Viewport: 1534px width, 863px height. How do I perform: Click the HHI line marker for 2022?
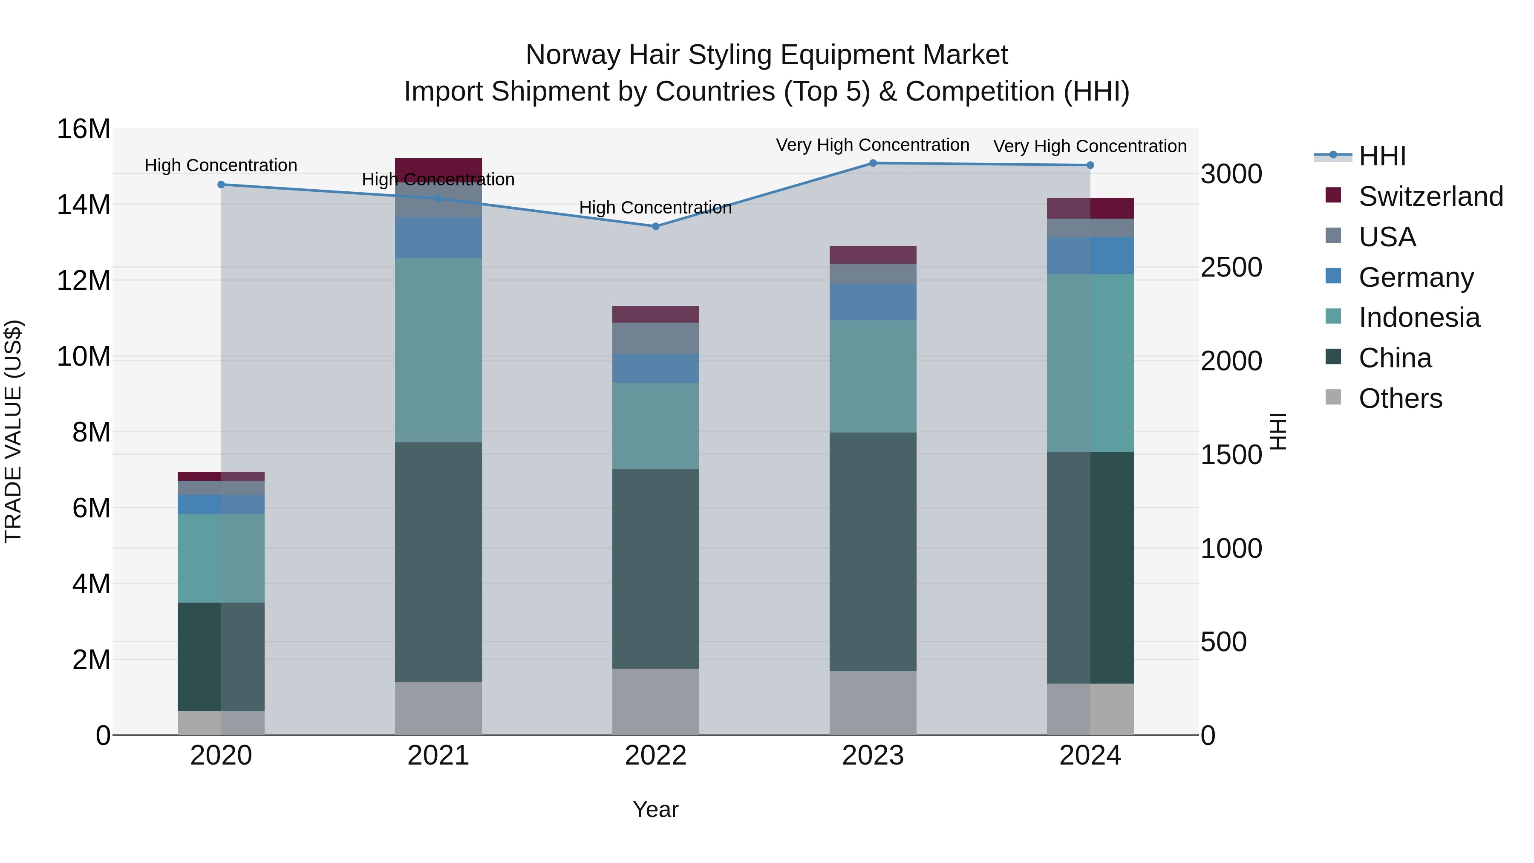[656, 226]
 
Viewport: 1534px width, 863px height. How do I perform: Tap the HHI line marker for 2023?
[873, 163]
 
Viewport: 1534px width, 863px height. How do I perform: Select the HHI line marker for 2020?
[221, 185]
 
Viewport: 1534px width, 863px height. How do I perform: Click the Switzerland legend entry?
[1430, 196]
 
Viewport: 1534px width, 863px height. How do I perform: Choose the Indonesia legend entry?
[1419, 317]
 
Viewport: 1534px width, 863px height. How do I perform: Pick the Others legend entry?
[1400, 398]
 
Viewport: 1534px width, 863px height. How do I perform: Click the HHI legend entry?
[1382, 156]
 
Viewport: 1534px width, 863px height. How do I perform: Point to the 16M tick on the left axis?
[84, 129]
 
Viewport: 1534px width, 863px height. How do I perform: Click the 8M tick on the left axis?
[91, 433]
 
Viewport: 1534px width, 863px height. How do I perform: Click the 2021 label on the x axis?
[438, 756]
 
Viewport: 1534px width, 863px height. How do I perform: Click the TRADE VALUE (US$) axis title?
[13, 431]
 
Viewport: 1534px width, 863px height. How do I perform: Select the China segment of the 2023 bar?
[873, 551]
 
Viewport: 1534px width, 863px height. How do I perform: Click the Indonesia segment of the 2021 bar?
[438, 350]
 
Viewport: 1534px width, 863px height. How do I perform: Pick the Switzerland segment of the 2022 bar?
[656, 315]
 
